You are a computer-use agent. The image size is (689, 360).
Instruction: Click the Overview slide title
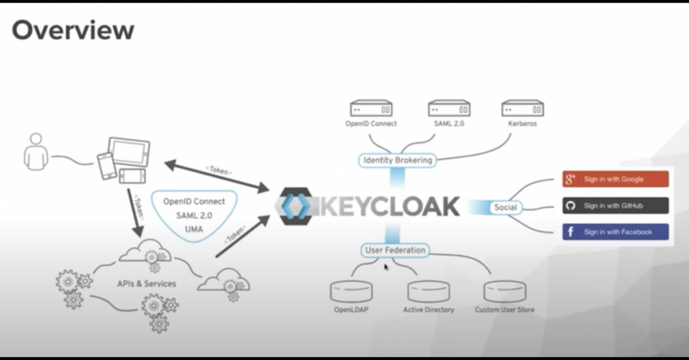coord(73,30)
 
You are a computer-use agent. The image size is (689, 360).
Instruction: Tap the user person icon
coord(36,151)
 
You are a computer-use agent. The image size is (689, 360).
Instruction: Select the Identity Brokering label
coord(398,160)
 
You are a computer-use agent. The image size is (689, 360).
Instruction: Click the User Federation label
coord(395,250)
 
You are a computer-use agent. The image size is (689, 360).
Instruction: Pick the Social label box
coord(505,207)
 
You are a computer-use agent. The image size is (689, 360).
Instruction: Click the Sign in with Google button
coord(615,179)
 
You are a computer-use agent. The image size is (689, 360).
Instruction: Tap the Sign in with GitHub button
coord(615,205)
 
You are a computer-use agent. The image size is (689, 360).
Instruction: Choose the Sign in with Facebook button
coord(615,232)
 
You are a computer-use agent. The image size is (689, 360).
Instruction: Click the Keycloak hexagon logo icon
coord(297,207)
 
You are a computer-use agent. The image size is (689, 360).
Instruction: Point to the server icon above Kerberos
coord(522,108)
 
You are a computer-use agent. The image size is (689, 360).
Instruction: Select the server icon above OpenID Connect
coord(371,108)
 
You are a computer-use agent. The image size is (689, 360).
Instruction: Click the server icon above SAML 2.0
coord(449,108)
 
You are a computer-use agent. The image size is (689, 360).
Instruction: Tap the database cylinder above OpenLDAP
coord(351,291)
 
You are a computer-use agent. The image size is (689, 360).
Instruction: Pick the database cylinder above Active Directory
coord(429,291)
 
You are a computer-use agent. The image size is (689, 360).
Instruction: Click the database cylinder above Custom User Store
coord(505,291)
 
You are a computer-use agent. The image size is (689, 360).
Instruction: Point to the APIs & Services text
coord(146,283)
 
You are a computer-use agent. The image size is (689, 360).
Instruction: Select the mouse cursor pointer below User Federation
coord(386,267)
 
